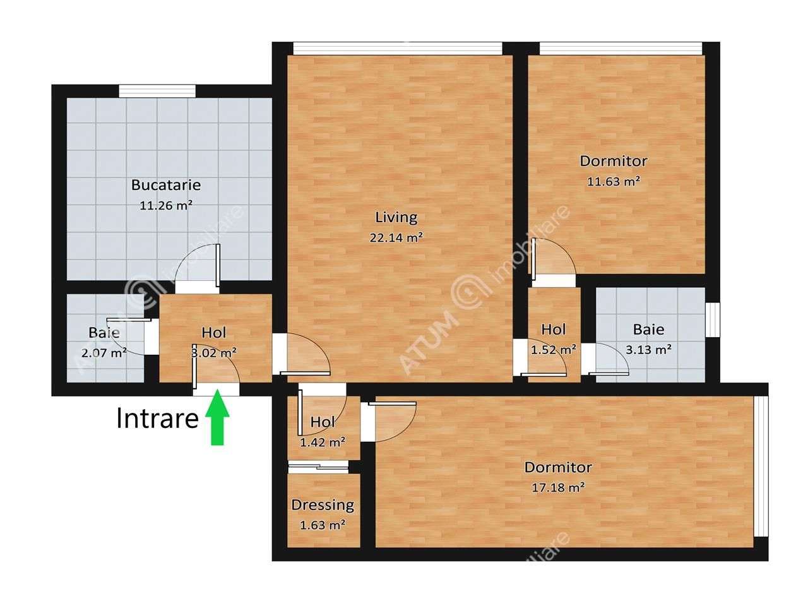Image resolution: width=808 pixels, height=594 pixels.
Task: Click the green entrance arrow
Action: (217, 418)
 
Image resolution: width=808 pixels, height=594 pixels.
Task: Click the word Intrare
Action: (157, 418)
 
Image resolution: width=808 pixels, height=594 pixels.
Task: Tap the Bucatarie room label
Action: (166, 185)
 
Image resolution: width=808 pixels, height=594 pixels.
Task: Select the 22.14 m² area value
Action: (396, 238)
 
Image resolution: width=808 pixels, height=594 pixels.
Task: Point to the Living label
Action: (396, 218)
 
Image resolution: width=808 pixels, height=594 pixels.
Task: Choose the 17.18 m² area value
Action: (558, 487)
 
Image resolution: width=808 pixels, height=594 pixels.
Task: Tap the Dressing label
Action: (323, 505)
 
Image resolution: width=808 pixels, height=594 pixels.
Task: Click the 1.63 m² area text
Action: (323, 525)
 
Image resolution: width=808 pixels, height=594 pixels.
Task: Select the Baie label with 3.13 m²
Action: (648, 329)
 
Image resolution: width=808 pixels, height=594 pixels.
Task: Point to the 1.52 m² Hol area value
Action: (553, 349)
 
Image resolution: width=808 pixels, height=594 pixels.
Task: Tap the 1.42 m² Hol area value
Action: (323, 442)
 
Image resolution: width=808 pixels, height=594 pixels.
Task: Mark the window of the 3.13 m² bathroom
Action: (713, 320)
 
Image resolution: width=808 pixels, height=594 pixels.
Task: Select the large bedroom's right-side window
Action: (762, 466)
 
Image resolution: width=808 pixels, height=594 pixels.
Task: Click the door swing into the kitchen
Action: (197, 265)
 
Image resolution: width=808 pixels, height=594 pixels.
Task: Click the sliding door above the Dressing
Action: (318, 467)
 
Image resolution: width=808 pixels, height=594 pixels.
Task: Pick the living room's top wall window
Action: (398, 49)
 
